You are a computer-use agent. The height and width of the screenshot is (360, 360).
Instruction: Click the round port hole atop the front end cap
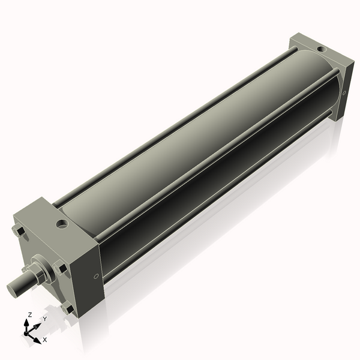coord(62,226)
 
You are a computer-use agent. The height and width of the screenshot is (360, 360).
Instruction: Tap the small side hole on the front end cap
coord(97,277)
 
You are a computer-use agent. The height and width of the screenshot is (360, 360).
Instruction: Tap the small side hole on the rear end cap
coord(344,92)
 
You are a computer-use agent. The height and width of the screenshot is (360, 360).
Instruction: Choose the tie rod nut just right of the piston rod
coord(60,268)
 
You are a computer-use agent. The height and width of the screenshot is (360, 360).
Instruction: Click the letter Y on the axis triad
coord(44,319)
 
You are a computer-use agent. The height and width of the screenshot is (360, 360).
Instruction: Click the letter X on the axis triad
coord(45,340)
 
